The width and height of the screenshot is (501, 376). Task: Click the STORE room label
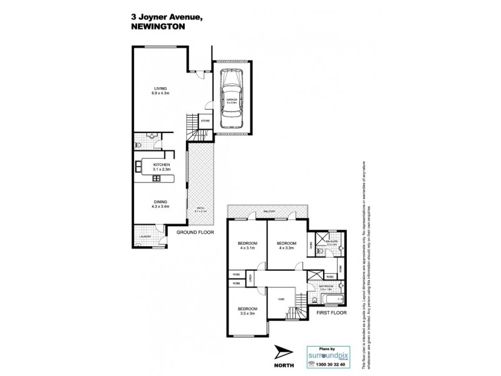pyautogui.click(x=205, y=121)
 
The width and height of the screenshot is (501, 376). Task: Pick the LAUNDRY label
pyautogui.click(x=145, y=237)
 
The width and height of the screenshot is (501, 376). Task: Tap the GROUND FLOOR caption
pyautogui.click(x=194, y=232)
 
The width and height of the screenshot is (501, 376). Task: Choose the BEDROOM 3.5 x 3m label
pyautogui.click(x=247, y=311)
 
